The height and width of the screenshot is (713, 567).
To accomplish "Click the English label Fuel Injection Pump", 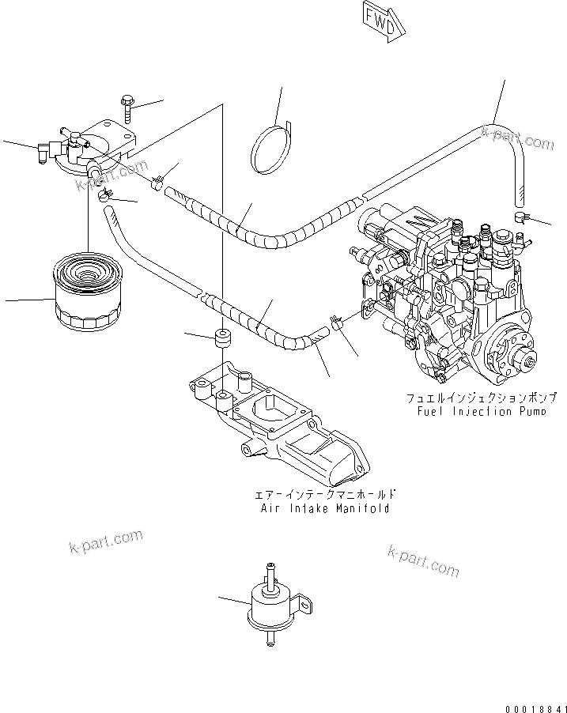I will point(481,412).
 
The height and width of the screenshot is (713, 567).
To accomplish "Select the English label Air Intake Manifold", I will point(325,508).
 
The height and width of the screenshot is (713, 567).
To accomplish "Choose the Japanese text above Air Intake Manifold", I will point(325,495).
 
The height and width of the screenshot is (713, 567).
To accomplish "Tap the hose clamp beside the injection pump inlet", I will point(335,323).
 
